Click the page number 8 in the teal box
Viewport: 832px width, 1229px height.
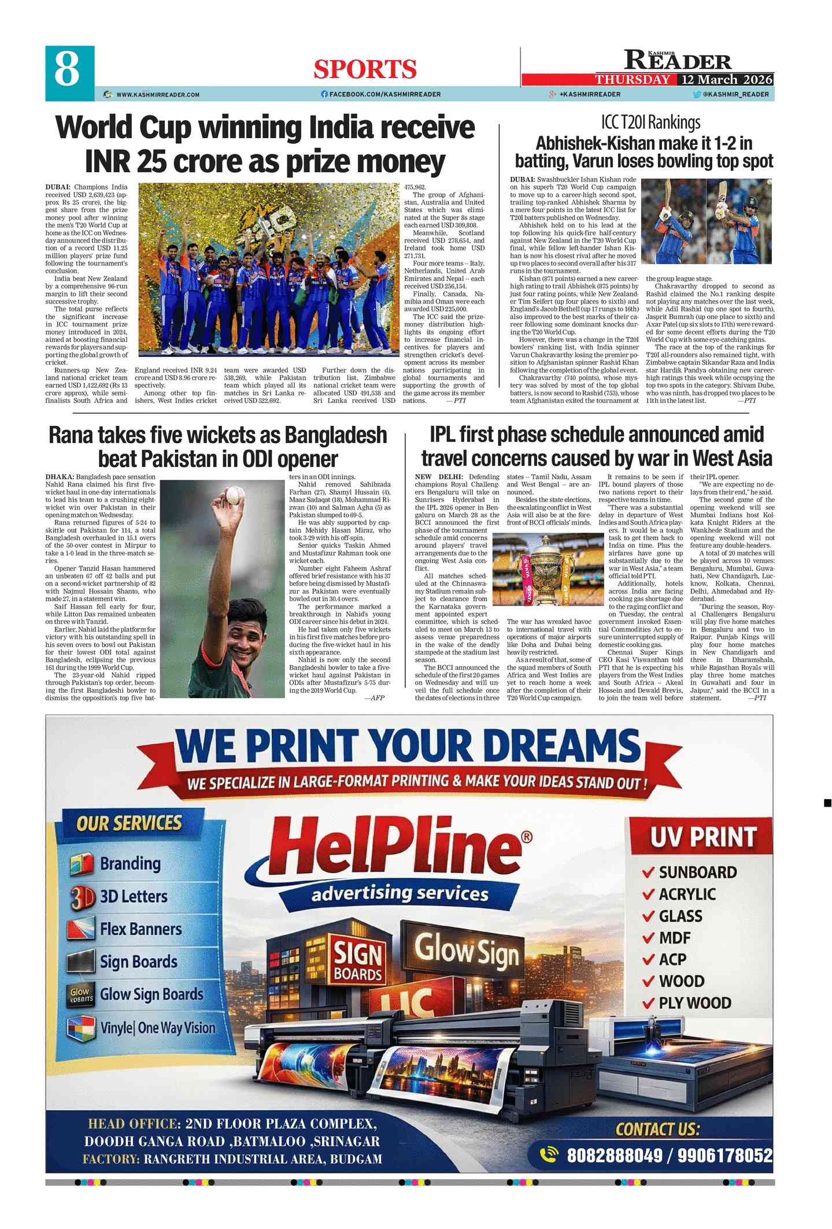[x=68, y=70]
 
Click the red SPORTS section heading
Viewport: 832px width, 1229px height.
[x=365, y=69]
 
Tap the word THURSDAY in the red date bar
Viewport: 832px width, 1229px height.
[x=633, y=80]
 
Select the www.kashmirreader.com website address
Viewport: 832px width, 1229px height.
[x=157, y=94]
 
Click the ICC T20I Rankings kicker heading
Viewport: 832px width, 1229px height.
[x=650, y=122]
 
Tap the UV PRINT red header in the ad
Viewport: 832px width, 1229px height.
[x=703, y=836]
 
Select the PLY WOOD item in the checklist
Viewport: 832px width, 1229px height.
[x=694, y=1002]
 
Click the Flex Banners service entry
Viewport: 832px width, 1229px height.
[x=140, y=929]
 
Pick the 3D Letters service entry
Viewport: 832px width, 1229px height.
[x=134, y=896]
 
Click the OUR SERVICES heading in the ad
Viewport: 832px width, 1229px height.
[x=130, y=823]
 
